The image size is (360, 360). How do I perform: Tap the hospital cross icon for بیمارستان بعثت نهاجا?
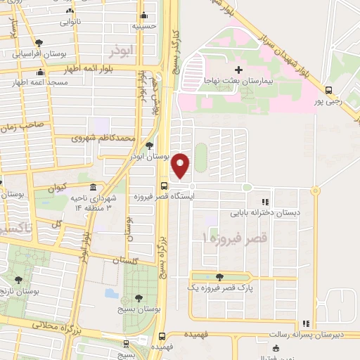point(238,70)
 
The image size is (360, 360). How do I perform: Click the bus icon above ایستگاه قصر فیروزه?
point(165,186)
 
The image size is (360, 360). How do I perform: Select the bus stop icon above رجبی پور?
point(328,89)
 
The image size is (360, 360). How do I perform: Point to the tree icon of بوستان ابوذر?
point(149,146)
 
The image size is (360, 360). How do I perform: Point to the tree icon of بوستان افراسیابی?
point(39,43)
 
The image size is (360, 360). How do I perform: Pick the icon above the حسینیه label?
point(145,15)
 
